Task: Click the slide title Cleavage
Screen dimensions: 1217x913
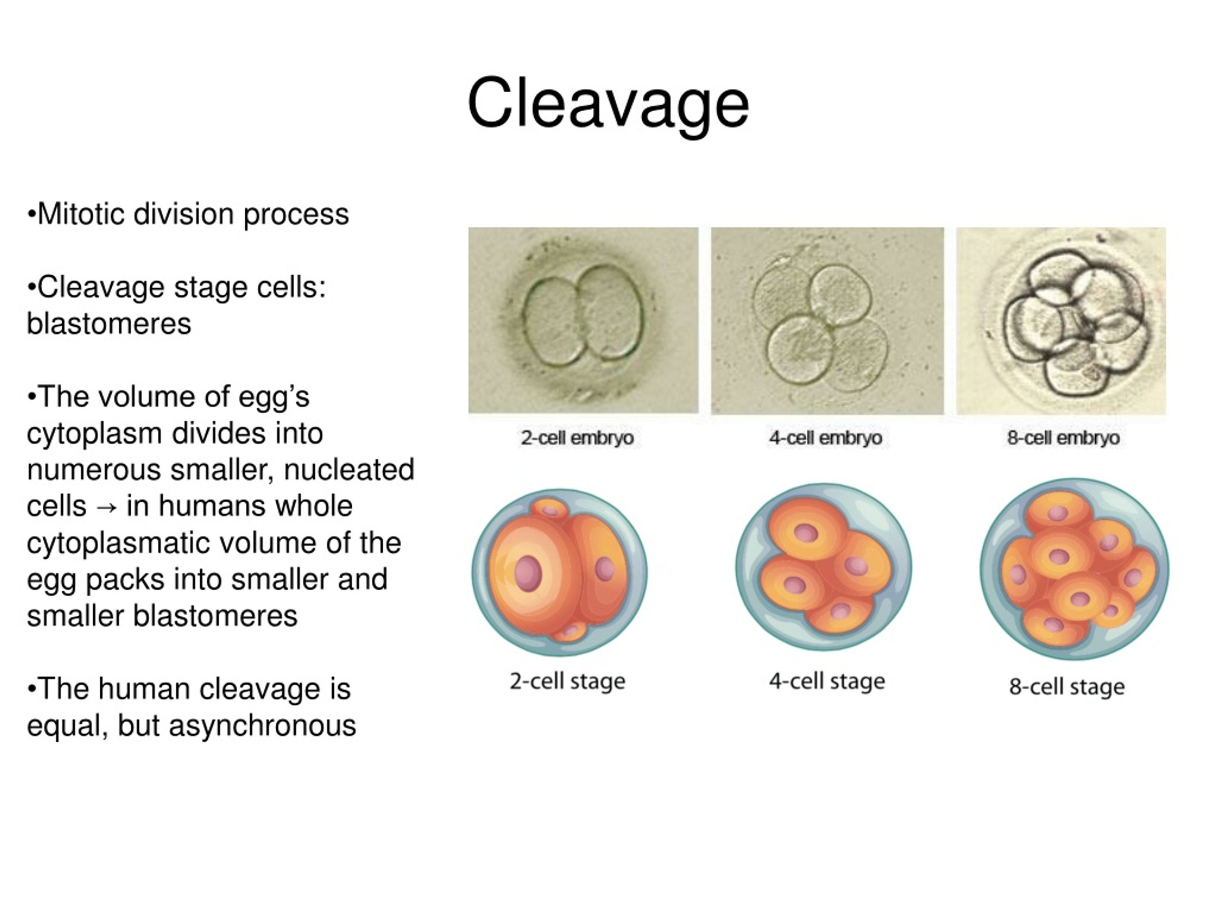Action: [x=608, y=104]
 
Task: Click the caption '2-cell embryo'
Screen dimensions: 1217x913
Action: [x=577, y=438]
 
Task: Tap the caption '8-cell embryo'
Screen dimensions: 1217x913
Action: [x=1063, y=438]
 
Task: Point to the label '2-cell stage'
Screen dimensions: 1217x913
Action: [x=567, y=681]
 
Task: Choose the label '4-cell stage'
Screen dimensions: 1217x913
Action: [x=827, y=681]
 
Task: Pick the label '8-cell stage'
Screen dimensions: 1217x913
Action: [x=1067, y=687]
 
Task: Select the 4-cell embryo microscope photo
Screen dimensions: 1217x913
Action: [x=827, y=321]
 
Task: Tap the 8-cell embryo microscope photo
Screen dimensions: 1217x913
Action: [x=1061, y=321]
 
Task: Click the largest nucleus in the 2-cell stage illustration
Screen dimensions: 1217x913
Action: [x=528, y=573]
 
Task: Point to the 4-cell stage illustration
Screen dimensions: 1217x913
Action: [x=824, y=567]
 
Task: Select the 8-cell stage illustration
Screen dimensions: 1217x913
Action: [x=1074, y=569]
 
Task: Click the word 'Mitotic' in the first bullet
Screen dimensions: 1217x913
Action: [x=81, y=214]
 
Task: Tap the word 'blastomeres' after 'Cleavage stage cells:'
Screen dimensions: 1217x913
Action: [x=109, y=324]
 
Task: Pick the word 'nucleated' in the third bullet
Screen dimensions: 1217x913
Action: [x=349, y=470]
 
